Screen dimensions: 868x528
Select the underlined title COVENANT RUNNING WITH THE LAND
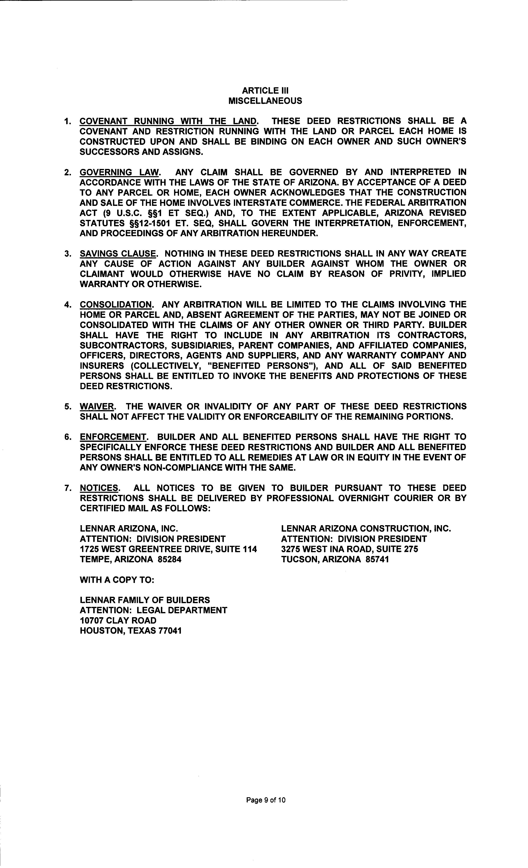(x=168, y=121)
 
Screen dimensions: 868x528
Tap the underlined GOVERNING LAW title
(x=119, y=173)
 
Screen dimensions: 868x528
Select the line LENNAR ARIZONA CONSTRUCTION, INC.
(x=366, y=529)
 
